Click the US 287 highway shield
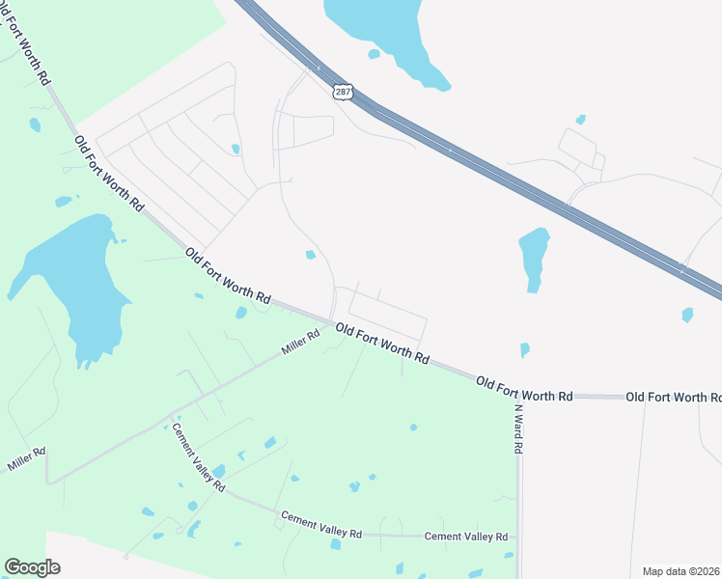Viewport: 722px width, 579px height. point(344,92)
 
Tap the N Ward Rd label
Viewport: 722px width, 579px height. point(517,428)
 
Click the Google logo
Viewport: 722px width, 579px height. point(32,566)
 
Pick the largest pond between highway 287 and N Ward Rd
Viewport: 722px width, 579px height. point(533,256)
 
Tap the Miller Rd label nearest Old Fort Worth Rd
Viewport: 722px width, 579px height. point(300,343)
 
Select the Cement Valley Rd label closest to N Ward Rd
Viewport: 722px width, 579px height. point(466,537)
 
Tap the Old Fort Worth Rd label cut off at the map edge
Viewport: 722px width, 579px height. point(673,397)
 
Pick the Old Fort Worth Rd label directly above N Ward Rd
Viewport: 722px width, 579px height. point(524,390)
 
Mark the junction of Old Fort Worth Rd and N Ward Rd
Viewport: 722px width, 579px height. point(517,396)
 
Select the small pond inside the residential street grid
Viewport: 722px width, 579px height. point(236,149)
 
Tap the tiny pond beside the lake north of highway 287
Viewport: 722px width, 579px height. point(374,54)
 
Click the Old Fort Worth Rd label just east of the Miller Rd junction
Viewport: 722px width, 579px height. point(383,343)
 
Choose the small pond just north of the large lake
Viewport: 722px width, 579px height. point(64,201)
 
